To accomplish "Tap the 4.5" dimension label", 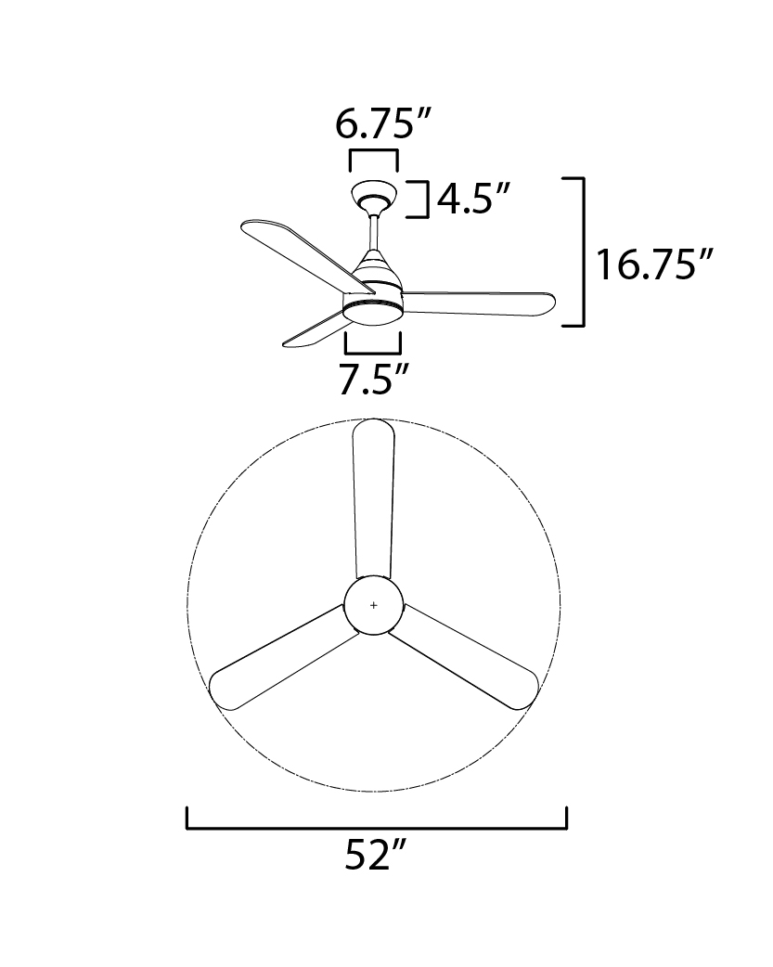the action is pyautogui.click(x=472, y=199).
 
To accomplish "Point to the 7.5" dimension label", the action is pyautogui.click(x=374, y=380).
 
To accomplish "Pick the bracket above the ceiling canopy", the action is pyautogui.click(x=374, y=151).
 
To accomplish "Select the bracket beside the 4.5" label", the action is pyautogui.click(x=427, y=199).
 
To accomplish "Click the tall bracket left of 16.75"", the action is pyautogui.click(x=583, y=251).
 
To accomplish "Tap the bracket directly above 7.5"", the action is pyautogui.click(x=373, y=353).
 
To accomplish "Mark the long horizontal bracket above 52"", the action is pyautogui.click(x=377, y=828).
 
